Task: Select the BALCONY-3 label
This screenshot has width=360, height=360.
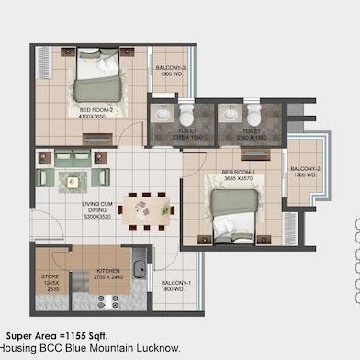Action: coord(170,67)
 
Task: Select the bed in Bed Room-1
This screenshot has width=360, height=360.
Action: coord(231,209)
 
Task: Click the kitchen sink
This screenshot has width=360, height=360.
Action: coord(138,271)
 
